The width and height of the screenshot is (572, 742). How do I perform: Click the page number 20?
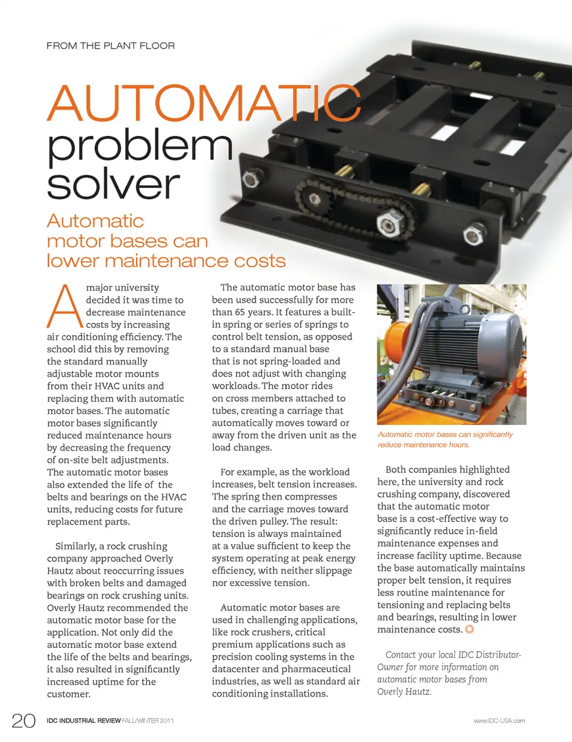tap(24, 720)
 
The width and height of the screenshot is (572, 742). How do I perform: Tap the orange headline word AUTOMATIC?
tap(204, 103)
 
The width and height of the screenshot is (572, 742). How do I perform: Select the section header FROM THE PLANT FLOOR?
tap(111, 45)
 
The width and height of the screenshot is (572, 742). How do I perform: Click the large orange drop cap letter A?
tap(64, 306)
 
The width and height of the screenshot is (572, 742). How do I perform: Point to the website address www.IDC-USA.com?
tap(499, 721)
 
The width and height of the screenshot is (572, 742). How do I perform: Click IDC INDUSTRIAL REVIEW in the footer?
tap(84, 721)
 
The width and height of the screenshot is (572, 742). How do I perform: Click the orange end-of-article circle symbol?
tap(470, 629)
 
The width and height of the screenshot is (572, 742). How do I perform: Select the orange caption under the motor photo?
tap(445, 439)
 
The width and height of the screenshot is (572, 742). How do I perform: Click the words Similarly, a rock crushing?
tap(111, 546)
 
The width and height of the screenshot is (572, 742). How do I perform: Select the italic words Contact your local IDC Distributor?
tap(453, 654)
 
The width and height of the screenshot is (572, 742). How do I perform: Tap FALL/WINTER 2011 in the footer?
tap(148, 721)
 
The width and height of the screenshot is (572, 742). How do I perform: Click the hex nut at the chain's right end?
tap(388, 224)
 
